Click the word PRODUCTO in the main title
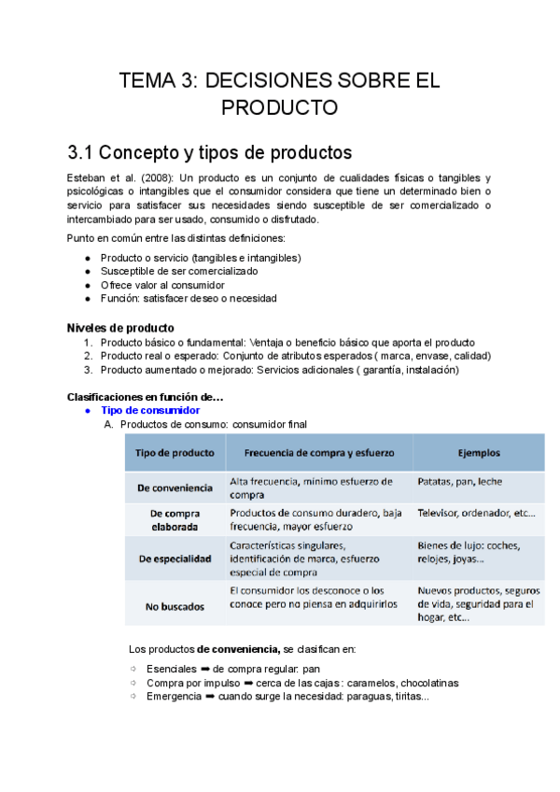click(279, 107)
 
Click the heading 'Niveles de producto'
click(120, 328)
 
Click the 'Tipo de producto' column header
click(175, 453)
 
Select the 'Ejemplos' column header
click(478, 453)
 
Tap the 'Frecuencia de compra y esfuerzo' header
click(318, 453)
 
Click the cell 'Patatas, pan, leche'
click(460, 481)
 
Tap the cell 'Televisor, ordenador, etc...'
click(476, 513)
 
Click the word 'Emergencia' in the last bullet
click(174, 696)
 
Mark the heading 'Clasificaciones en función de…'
click(145, 397)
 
